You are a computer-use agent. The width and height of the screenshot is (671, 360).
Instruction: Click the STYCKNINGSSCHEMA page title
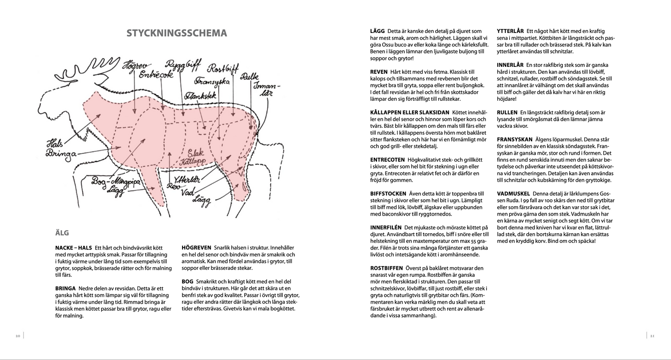(176, 33)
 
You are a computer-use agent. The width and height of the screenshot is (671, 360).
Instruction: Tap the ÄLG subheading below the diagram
(62, 233)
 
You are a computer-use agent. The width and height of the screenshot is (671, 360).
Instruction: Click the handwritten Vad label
(188, 191)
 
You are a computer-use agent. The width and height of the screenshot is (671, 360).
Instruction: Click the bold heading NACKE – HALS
(73, 248)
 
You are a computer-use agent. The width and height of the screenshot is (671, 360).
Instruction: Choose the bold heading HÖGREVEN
(196, 248)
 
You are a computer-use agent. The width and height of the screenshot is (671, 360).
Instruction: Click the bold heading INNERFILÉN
(386, 228)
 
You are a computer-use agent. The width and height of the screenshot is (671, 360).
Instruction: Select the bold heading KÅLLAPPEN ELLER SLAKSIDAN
(410, 112)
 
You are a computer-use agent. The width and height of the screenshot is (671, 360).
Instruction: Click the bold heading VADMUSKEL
(514, 193)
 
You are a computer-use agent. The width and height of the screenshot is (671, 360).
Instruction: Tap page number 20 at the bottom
(18, 335)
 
